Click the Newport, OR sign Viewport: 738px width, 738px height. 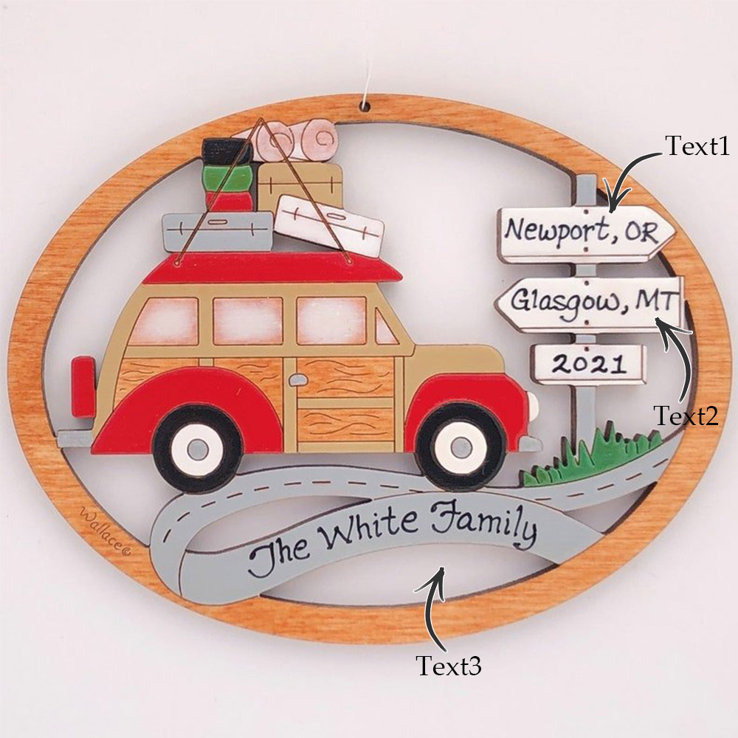click(x=587, y=233)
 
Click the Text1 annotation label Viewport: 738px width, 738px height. click(x=697, y=145)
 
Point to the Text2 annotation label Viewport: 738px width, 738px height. click(x=686, y=415)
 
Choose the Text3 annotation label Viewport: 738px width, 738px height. click(x=448, y=666)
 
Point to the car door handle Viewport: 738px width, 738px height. click(x=297, y=379)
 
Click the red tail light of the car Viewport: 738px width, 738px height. click(x=83, y=387)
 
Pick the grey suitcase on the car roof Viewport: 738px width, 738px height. click(x=218, y=232)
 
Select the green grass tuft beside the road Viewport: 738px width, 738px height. click(x=588, y=459)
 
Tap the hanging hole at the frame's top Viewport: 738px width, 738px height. click(x=366, y=106)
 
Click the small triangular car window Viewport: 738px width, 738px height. click(x=385, y=327)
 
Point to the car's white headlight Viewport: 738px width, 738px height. click(x=533, y=409)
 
